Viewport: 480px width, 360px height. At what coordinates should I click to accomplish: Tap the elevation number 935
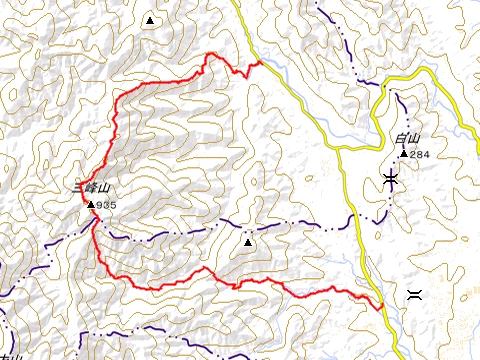coord(107,205)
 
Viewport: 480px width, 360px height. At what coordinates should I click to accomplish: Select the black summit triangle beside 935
coord(91,204)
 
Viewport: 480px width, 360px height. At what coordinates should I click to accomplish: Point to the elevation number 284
coord(419,154)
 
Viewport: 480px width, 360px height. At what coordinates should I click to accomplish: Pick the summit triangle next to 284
coord(403,154)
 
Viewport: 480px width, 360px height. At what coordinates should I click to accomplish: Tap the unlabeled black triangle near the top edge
coord(150,20)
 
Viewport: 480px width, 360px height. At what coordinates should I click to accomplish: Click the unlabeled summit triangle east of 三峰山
coord(247,241)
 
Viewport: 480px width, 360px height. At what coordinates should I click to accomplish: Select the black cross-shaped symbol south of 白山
coord(389,179)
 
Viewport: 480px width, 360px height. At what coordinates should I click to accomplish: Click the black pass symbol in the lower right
coord(414,294)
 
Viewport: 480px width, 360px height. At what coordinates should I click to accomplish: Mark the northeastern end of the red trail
coord(260,62)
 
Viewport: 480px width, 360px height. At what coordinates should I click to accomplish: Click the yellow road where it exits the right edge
coord(478,129)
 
